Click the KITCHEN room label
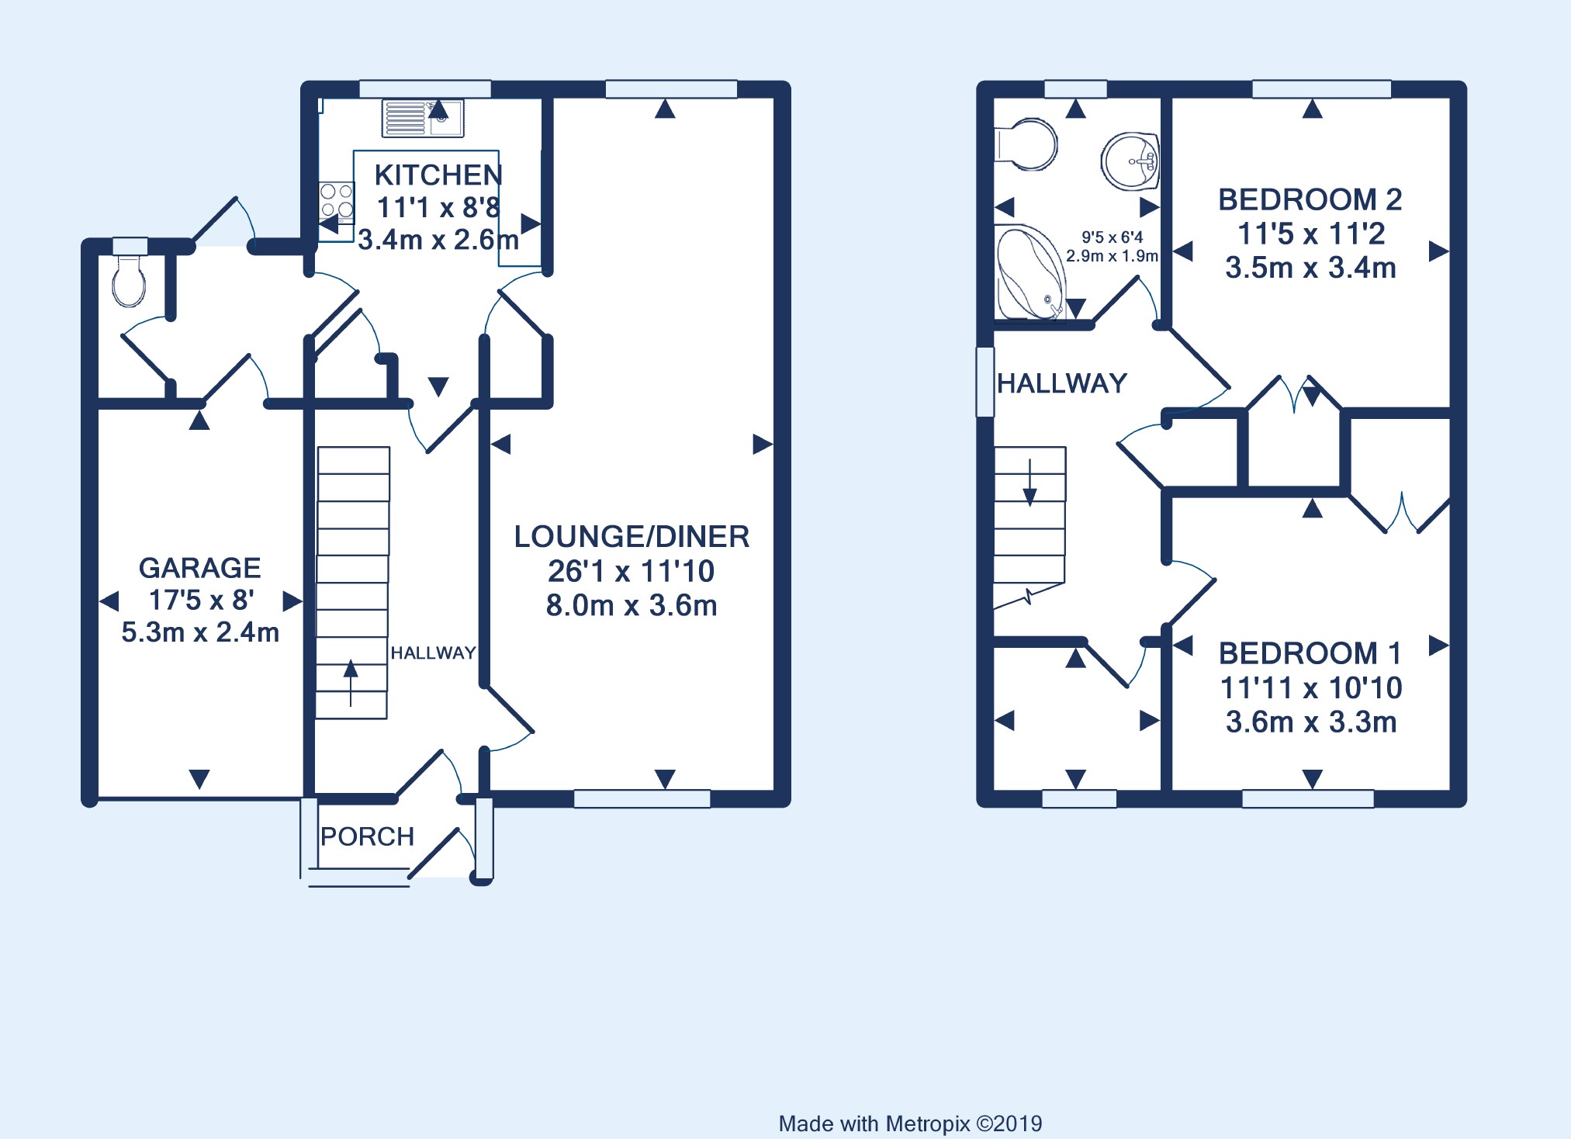438,175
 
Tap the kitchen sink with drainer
423,118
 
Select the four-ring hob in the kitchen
337,199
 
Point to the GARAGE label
199,568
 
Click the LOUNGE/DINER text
632,536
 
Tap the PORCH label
367,836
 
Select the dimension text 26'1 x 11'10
631,571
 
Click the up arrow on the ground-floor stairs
351,682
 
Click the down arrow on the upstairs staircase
1029,483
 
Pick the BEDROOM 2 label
1310,199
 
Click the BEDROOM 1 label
1310,653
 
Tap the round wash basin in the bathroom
1130,161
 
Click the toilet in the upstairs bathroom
1026,144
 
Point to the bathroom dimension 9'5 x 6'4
1112,237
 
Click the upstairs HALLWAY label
1061,383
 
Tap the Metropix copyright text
910,1123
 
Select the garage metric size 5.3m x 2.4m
200,632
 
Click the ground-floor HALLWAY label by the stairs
433,653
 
